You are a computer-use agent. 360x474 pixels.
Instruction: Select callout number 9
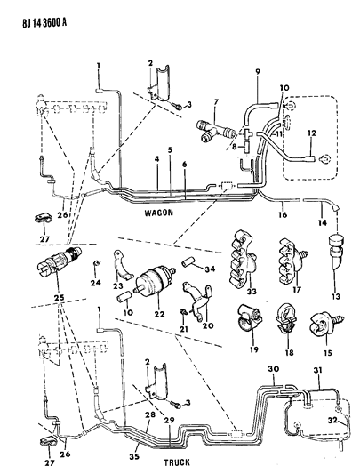click(257, 71)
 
